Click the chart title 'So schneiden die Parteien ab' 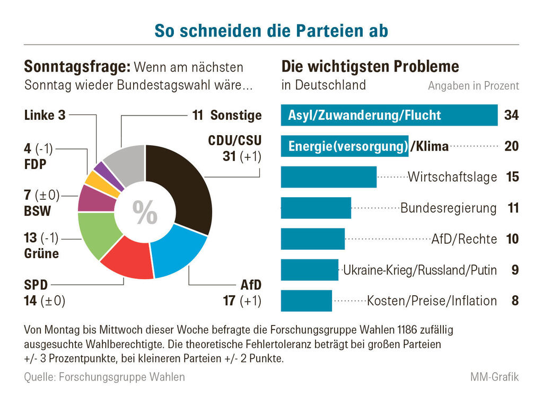pyautogui.click(x=271, y=31)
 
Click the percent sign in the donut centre pyautogui.click(x=145, y=213)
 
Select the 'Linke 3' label pyautogui.click(x=45, y=115)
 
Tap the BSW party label pyautogui.click(x=38, y=211)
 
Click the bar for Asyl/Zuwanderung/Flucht pyautogui.click(x=389, y=115)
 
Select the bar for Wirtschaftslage pyautogui.click(x=328, y=177)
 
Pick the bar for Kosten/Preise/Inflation pyautogui.click(x=306, y=301)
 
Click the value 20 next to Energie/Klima pyautogui.click(x=511, y=146)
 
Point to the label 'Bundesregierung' pyautogui.click(x=448, y=208)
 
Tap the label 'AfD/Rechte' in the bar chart pyautogui.click(x=464, y=239)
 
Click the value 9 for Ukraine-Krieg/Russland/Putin pyautogui.click(x=514, y=270)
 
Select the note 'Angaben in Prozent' pyautogui.click(x=473, y=86)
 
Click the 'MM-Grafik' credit pyautogui.click(x=494, y=377)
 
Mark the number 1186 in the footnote pyautogui.click(x=391, y=330)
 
